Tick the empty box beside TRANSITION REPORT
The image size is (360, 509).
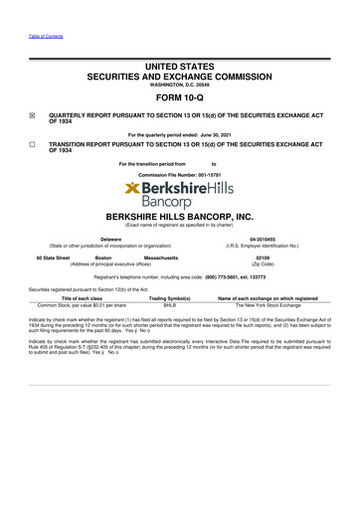coord(32,144)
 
